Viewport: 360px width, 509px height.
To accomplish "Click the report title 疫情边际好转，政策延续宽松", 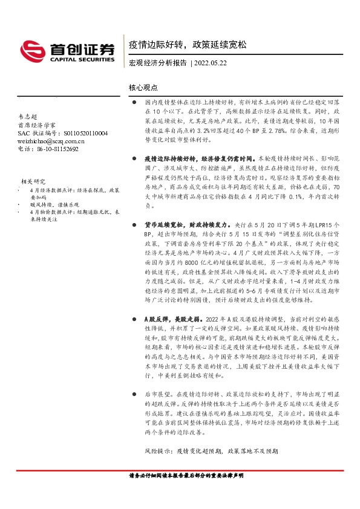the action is [188, 45].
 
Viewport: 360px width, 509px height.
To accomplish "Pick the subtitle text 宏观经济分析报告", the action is [157, 62].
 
